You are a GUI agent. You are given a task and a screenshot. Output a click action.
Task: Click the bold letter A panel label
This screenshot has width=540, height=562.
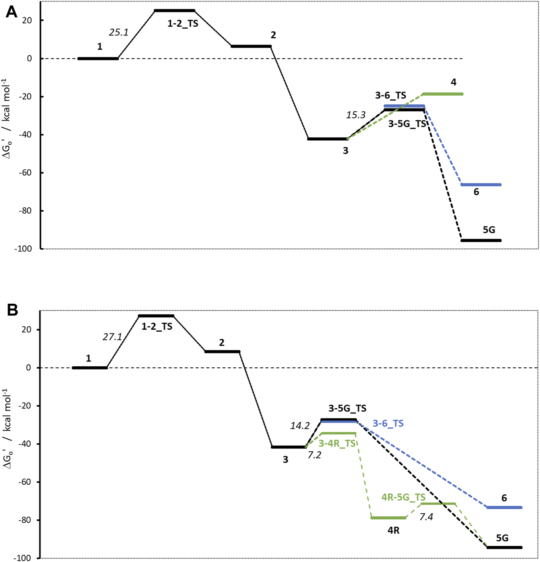(12, 12)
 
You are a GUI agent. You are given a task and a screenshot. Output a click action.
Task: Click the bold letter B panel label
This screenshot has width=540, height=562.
(12, 310)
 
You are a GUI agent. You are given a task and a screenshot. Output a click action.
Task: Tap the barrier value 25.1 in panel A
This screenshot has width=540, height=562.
(118, 32)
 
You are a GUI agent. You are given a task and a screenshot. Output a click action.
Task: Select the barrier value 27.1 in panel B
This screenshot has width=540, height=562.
(112, 337)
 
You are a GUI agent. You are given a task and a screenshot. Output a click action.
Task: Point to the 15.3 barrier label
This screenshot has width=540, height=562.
(355, 115)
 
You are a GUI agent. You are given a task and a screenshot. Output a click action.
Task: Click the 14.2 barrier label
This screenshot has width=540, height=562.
(300, 426)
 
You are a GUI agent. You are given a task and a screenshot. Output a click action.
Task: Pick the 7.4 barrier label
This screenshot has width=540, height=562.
(426, 517)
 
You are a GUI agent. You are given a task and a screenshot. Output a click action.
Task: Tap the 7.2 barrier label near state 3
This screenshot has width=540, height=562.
(314, 455)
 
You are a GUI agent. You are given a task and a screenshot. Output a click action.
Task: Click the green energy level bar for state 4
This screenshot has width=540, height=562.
(442, 94)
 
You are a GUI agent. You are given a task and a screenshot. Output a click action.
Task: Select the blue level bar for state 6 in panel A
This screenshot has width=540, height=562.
(481, 185)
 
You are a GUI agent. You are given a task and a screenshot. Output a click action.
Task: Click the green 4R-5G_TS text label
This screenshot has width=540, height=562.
(403, 497)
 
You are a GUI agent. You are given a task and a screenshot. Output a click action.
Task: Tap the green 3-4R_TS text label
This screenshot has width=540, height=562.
(337, 444)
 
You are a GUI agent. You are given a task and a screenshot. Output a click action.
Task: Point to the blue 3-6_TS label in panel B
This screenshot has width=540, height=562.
(388, 423)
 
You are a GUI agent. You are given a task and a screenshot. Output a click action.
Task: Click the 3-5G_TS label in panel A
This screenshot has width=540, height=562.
(407, 124)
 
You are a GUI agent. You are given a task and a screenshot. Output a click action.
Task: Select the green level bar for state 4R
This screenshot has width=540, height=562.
(388, 518)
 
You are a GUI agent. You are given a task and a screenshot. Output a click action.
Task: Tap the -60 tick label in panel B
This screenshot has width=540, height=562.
(25, 482)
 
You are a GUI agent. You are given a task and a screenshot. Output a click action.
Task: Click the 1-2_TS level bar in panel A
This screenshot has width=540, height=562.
(175, 11)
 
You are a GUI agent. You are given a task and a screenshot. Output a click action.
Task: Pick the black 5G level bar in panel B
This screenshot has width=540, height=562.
(504, 548)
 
